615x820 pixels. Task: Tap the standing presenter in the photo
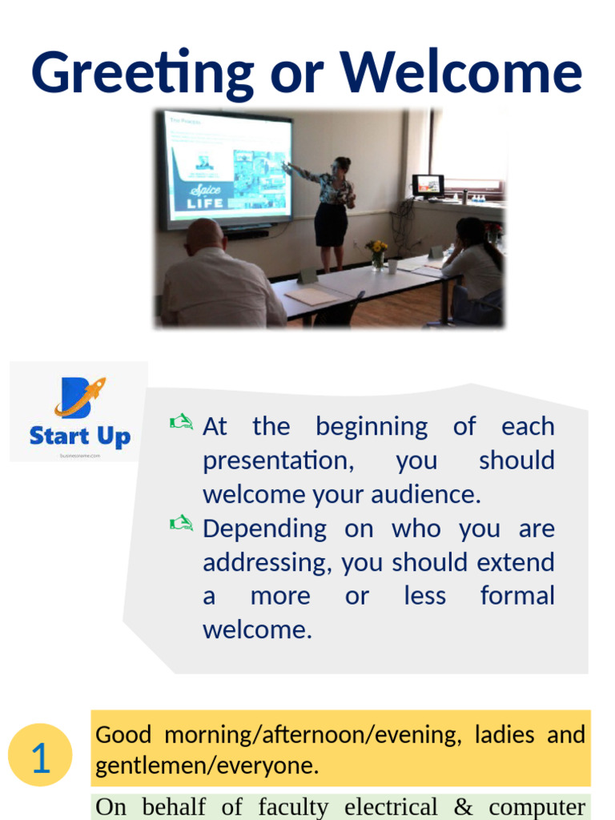click(332, 210)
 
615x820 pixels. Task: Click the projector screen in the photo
click(227, 170)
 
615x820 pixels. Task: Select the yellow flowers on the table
click(376, 249)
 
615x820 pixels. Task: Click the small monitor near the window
click(428, 185)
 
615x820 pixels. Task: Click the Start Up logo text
click(79, 436)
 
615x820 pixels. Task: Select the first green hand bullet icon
click(181, 422)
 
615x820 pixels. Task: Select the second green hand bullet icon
click(181, 524)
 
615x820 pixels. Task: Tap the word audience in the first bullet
click(430, 495)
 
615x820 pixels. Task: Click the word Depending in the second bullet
click(264, 529)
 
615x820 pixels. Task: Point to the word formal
click(517, 596)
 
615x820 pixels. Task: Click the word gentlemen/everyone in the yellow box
click(207, 766)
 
